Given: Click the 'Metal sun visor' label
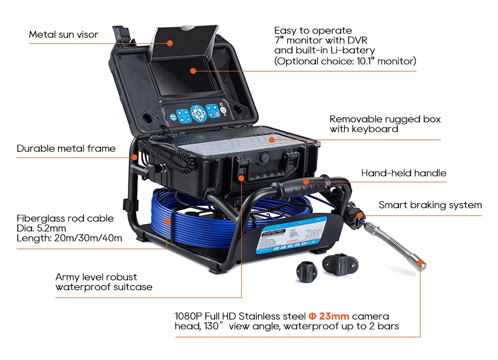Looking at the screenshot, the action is (64, 34).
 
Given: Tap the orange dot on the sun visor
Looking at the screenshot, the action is (170, 43).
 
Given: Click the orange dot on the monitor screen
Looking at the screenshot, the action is (193, 70).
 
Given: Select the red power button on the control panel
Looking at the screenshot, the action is (224, 110).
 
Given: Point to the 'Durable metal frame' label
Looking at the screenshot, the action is (66, 148).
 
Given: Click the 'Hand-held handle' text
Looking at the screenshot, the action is (404, 173).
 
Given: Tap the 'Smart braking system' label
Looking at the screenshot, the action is (430, 205).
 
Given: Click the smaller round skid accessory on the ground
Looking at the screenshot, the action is (307, 271).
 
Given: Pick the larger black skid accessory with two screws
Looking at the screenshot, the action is (340, 264).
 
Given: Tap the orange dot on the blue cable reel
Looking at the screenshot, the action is (167, 221).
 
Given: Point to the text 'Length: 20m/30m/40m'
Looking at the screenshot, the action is (69, 238).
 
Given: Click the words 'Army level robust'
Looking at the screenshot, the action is (96, 277).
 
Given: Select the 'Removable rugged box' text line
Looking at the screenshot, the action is (385, 119).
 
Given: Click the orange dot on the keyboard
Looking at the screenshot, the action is (272, 140).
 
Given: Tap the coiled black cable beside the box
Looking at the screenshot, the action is (167, 157).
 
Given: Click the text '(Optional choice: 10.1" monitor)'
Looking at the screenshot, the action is (345, 61).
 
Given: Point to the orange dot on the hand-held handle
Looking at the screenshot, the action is (306, 182).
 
